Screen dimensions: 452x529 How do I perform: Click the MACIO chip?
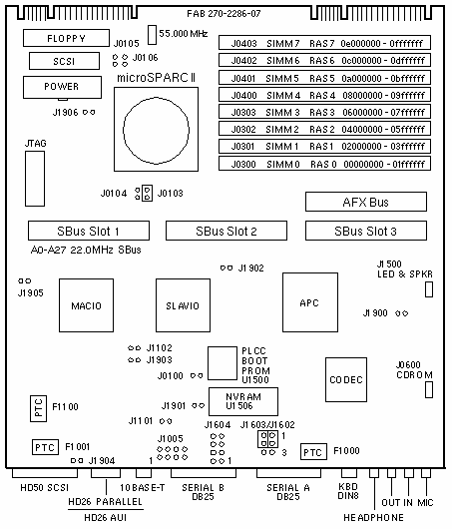click(x=87, y=305)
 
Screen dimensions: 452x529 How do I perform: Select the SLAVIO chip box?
click(x=183, y=305)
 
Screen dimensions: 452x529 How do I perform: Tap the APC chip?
click(x=310, y=302)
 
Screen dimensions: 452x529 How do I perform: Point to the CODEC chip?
click(x=346, y=379)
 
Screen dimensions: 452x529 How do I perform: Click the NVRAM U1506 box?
click(x=243, y=401)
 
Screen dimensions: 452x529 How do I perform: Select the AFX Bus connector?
click(x=366, y=202)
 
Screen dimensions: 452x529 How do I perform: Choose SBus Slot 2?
click(x=226, y=231)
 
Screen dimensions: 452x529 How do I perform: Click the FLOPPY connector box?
click(x=66, y=38)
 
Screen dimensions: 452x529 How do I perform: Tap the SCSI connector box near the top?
click(x=64, y=61)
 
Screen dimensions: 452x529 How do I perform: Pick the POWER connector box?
click(x=62, y=87)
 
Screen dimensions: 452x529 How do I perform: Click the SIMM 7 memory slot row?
click(x=324, y=43)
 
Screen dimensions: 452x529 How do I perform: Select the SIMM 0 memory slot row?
click(x=324, y=164)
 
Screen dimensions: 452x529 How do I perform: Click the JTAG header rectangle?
click(x=35, y=179)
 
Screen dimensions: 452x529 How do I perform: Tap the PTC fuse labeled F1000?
click(x=313, y=452)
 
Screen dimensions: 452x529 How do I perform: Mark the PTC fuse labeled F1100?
click(x=38, y=408)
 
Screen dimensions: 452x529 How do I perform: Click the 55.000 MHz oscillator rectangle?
click(x=152, y=34)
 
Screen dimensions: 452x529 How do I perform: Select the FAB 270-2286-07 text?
click(x=224, y=14)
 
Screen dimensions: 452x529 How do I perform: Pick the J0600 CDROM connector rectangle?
click(x=429, y=389)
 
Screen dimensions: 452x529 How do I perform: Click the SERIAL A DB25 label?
click(x=288, y=492)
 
